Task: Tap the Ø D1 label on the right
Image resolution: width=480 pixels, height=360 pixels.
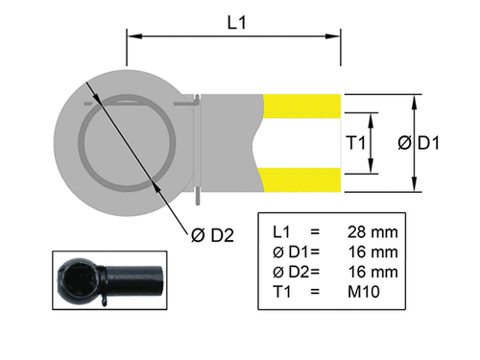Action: coord(419,143)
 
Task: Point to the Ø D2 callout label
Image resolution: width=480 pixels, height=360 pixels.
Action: coord(211,232)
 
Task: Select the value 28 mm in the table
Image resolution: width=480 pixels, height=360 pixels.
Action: coord(372,233)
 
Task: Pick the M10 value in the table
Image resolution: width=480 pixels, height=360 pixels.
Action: coord(365,291)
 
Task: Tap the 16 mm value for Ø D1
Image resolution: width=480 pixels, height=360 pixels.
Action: coord(372,252)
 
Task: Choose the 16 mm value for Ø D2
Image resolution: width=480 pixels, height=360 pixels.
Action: coord(372,272)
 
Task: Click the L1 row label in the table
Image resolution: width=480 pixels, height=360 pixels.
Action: coord(281,233)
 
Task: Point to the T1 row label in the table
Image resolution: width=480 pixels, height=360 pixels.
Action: coord(281,291)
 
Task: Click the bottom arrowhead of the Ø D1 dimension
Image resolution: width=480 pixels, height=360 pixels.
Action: coord(414,187)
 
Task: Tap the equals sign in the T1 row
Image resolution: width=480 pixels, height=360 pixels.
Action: coord(314,291)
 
